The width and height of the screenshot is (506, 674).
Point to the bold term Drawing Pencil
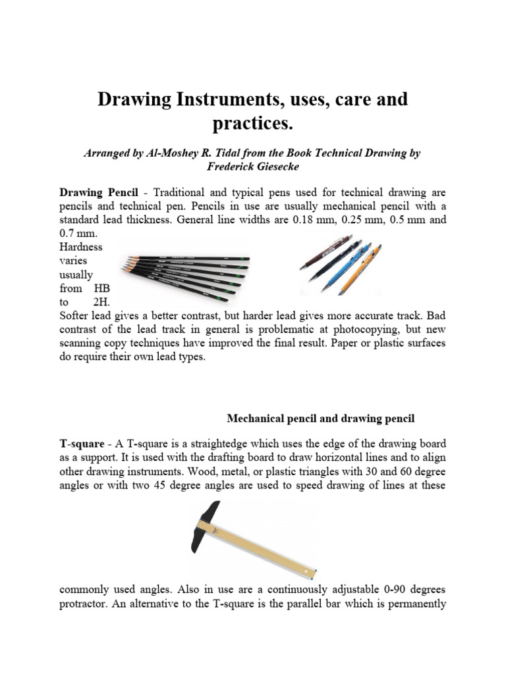coord(99,192)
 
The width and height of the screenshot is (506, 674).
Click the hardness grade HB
coord(102,288)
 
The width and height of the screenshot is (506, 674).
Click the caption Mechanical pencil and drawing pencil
coord(321,418)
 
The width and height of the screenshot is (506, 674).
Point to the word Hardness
coord(81,247)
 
